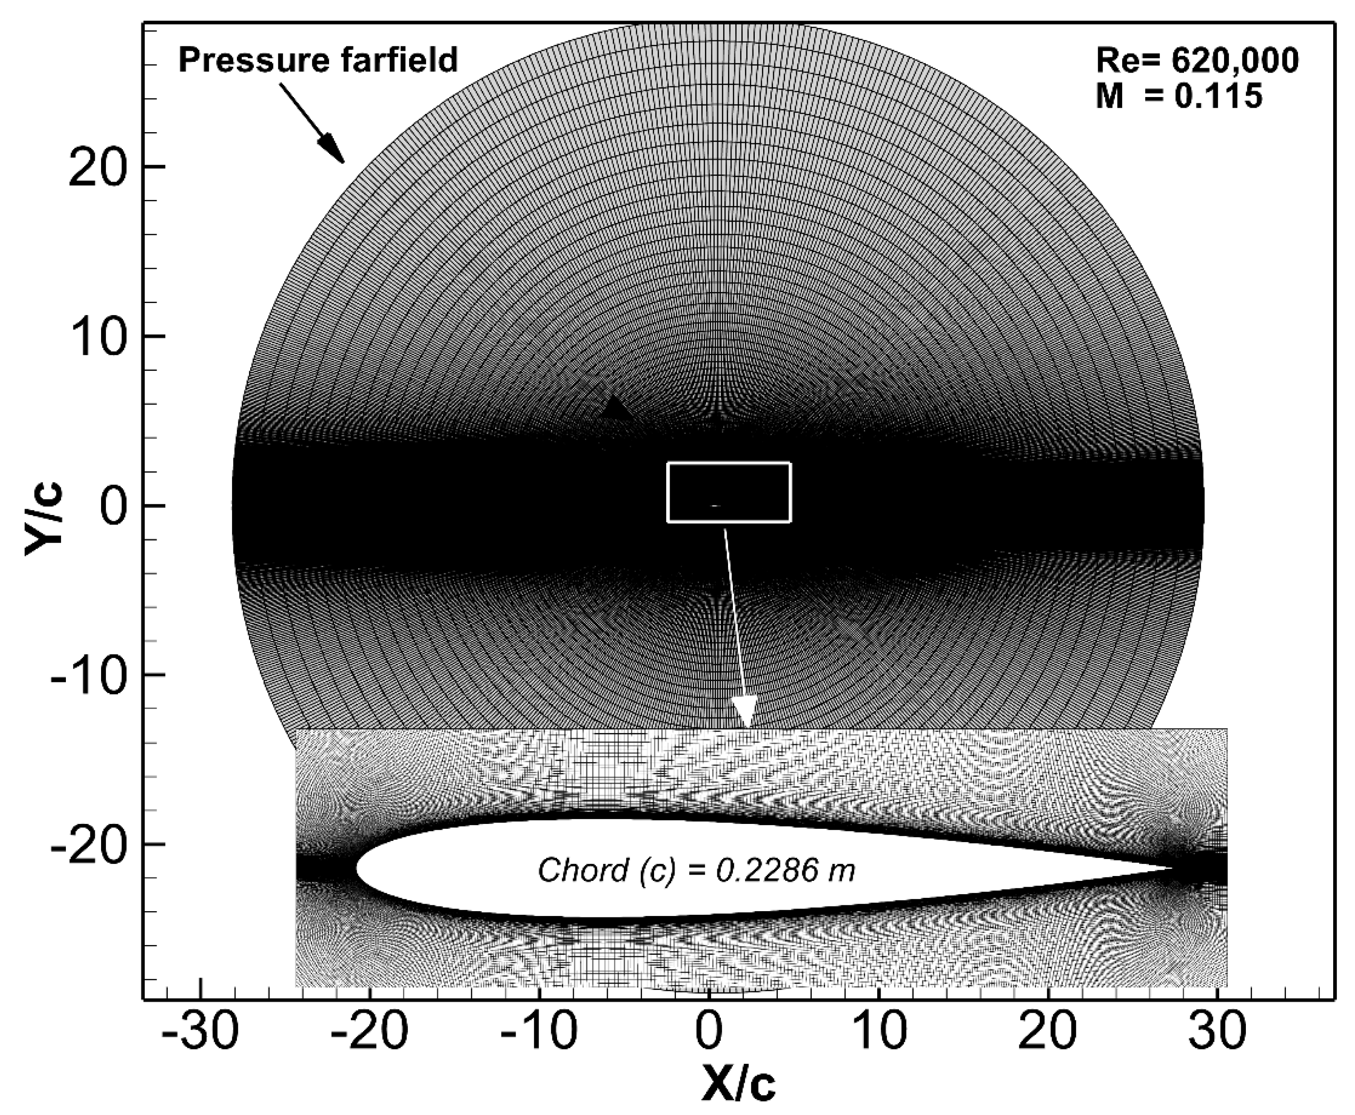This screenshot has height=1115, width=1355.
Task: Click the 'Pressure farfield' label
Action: tap(317, 61)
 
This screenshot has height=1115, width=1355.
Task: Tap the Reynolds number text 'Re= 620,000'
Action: tap(1196, 61)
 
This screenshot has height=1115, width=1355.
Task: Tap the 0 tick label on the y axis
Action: tap(116, 507)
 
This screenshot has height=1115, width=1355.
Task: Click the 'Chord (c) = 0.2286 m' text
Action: tap(696, 872)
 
